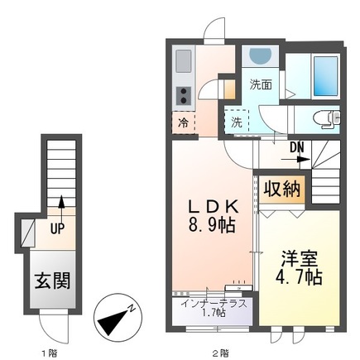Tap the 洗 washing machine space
(x=237, y=121)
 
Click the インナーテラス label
(x=214, y=302)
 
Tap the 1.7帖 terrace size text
(x=214, y=313)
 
